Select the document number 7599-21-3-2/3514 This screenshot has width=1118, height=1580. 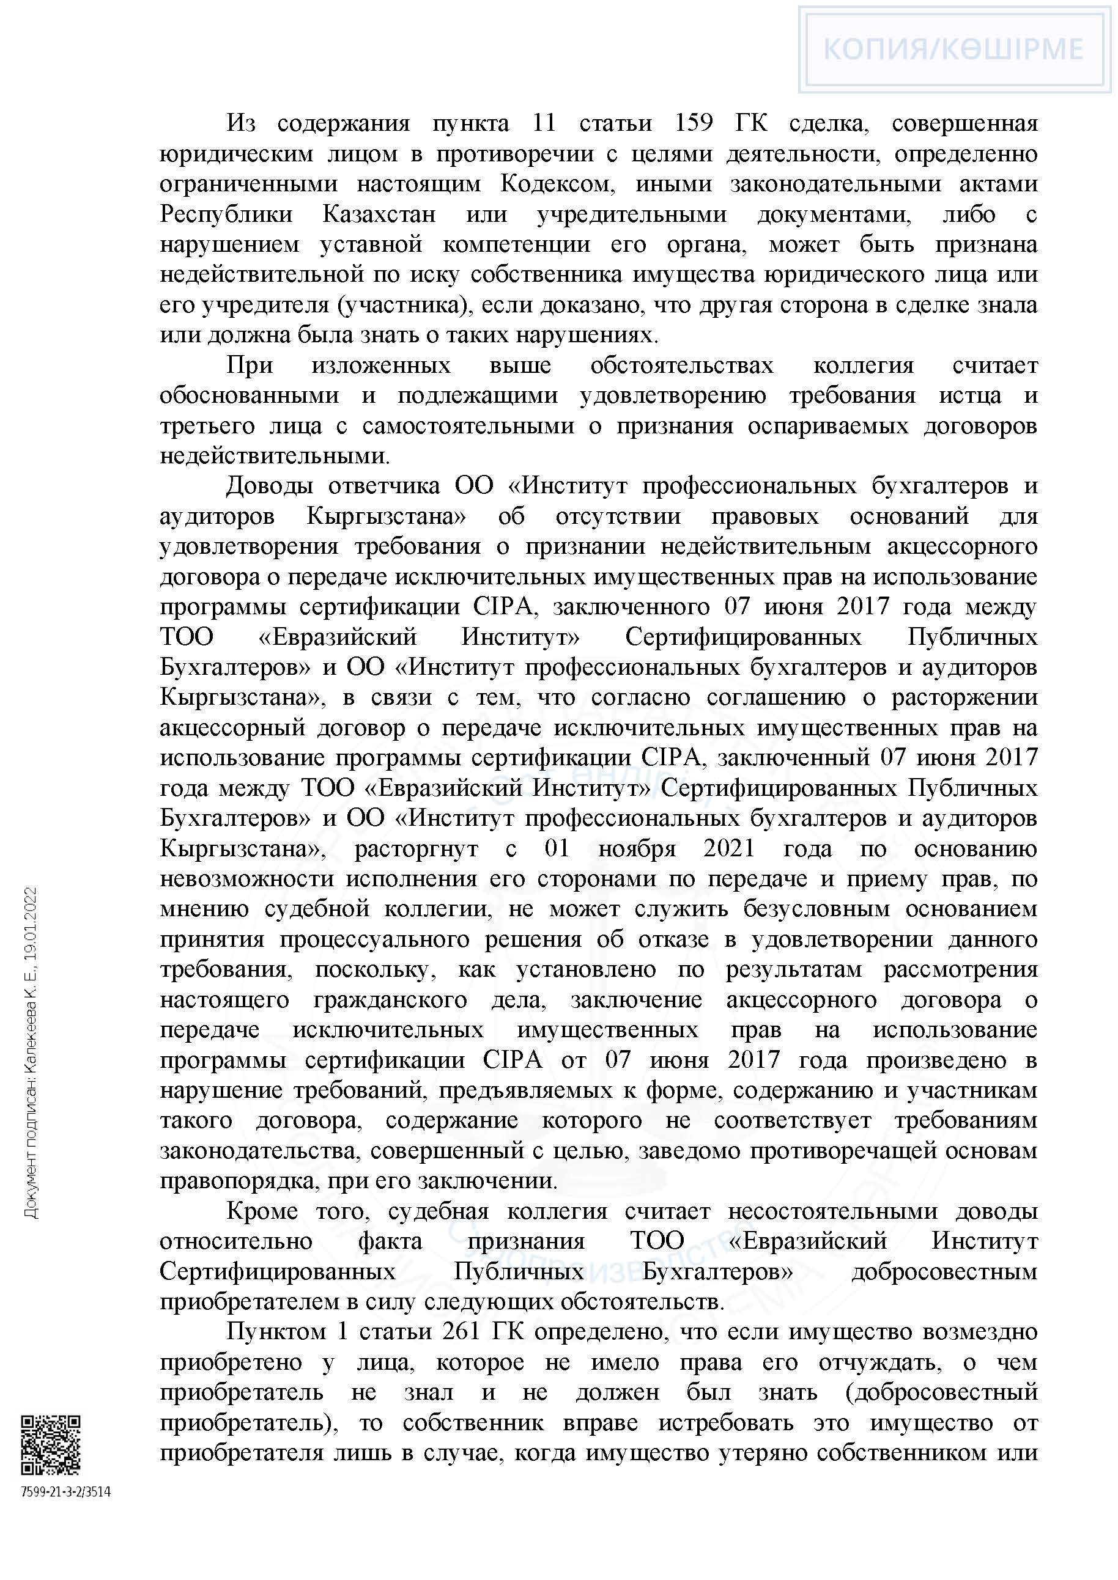(x=65, y=1492)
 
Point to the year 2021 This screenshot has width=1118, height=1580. (x=728, y=848)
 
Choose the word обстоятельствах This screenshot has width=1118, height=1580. (x=681, y=366)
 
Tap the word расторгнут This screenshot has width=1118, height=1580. (x=416, y=848)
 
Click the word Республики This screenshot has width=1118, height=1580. (x=226, y=215)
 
